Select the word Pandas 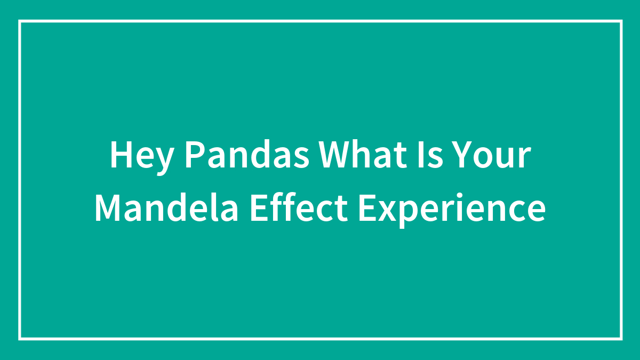coord(249,156)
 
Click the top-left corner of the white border coord(20,21)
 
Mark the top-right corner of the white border coord(621,21)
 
